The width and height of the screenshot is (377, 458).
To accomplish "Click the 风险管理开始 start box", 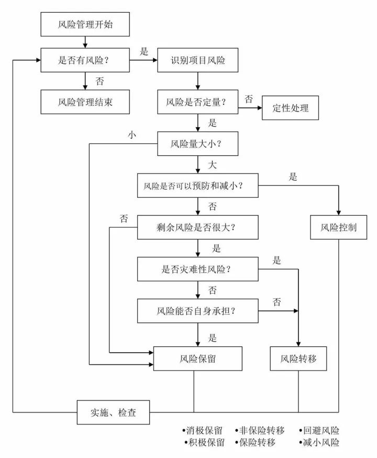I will (x=84, y=25).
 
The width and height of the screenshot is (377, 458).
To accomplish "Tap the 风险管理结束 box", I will (x=84, y=102).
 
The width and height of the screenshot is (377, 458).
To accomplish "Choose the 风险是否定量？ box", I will (x=197, y=102).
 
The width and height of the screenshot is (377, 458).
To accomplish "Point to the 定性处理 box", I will (x=290, y=108).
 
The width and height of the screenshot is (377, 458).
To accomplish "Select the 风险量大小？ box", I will (x=197, y=143).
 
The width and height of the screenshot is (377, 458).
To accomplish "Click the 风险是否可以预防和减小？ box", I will (x=197, y=185).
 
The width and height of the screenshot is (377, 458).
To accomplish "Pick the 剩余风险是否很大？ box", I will (x=197, y=227).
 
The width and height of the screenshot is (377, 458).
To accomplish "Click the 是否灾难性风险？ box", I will (x=197, y=269).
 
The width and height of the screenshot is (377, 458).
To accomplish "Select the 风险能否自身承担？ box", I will (x=197, y=311).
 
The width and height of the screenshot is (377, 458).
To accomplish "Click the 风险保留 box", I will (x=197, y=359).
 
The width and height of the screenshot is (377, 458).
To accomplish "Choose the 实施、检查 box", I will (x=114, y=412).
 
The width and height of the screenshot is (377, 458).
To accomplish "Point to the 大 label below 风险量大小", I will (x=212, y=165).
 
